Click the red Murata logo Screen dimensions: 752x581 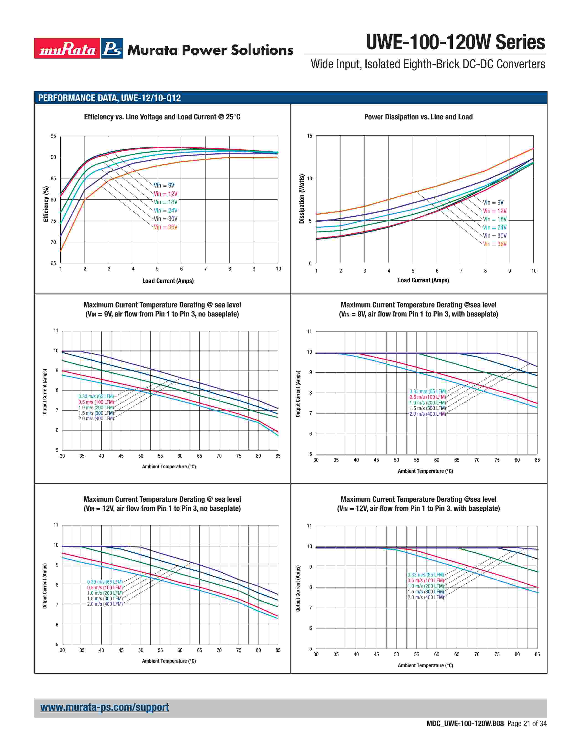tap(67, 49)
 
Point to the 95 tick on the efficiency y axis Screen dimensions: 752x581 tap(53, 136)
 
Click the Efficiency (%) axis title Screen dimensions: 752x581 tap(46, 204)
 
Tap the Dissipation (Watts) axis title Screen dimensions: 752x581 tap(302, 199)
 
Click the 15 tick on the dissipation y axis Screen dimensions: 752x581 tap(309, 136)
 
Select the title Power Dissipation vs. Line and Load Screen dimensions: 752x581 tap(418, 117)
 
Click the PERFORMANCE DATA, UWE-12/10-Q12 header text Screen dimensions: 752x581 tap(109, 98)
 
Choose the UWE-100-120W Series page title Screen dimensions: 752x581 tap(455, 42)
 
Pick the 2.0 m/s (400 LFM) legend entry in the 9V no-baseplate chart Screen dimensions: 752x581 tap(96, 419)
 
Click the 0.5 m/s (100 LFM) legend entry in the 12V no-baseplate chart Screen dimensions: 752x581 tap(105, 587)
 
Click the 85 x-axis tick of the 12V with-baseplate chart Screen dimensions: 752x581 tap(537, 654)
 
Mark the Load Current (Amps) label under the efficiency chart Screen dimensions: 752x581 tap(168, 281)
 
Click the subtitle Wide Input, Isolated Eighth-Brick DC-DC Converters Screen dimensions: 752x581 tap(428, 64)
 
